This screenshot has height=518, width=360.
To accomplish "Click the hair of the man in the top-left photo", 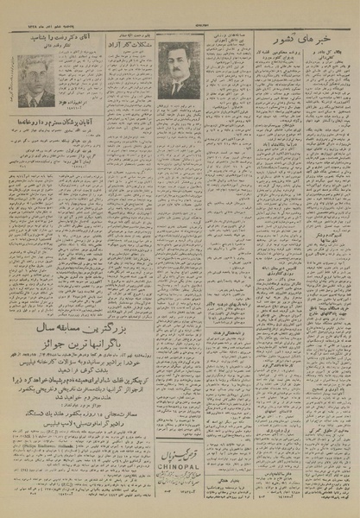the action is click(x=36, y=65).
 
